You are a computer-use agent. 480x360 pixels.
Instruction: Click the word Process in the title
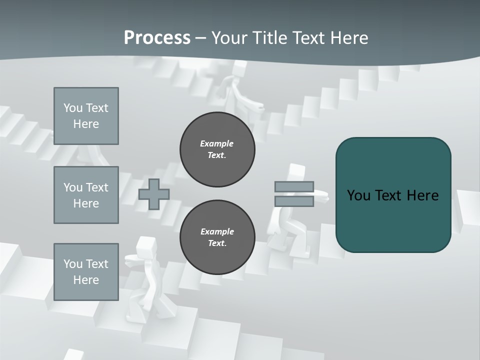[157, 38]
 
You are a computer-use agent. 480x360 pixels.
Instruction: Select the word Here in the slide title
[348, 38]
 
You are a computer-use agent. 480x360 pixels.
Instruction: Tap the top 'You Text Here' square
[86, 116]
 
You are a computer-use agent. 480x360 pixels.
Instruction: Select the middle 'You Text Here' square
[86, 195]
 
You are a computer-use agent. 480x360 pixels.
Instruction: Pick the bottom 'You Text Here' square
[86, 271]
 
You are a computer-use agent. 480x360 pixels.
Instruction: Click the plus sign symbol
[153, 194]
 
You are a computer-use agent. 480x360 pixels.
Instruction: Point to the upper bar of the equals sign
[294, 187]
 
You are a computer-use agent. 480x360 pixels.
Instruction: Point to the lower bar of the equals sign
[294, 201]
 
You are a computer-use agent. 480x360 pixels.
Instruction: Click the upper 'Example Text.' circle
[217, 149]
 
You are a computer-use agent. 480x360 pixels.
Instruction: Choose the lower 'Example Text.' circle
[217, 237]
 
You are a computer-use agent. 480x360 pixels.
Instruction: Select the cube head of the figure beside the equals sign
[296, 172]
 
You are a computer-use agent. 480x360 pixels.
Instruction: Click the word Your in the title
[230, 38]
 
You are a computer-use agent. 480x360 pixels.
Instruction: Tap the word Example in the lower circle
[217, 231]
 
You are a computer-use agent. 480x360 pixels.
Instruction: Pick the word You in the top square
[73, 108]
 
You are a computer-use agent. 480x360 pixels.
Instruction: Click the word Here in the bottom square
[86, 280]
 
